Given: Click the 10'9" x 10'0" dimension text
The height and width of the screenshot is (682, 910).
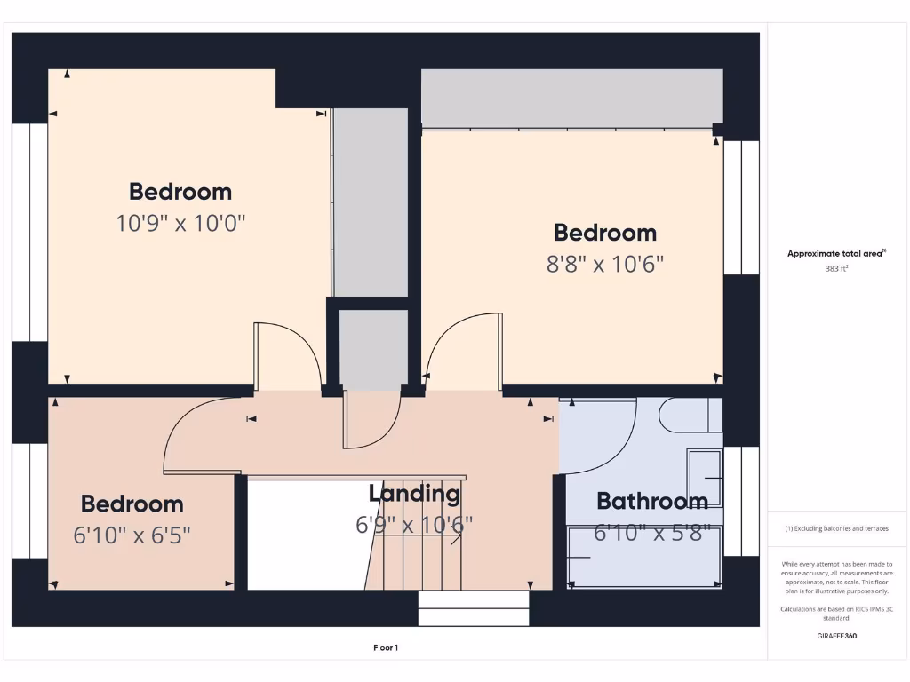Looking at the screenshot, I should click(180, 222).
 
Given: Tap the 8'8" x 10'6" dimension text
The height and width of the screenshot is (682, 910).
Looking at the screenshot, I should click(604, 264).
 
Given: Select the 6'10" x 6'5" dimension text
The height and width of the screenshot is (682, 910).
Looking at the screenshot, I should click(132, 535).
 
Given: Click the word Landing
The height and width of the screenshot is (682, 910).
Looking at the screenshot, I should click(414, 494).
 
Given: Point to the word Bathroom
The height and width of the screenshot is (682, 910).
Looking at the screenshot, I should click(651, 501).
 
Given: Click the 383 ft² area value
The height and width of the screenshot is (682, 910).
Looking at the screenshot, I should click(835, 267).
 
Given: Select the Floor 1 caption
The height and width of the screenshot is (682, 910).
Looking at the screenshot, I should click(385, 647).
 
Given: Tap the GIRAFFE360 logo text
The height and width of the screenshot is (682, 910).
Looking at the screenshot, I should click(835, 636).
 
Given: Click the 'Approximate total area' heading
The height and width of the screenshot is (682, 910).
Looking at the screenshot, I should click(835, 253).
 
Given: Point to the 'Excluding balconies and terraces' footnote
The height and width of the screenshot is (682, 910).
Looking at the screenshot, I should click(835, 528).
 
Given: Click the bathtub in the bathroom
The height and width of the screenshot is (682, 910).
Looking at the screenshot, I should click(645, 557).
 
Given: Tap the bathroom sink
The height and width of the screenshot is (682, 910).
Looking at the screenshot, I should click(704, 478).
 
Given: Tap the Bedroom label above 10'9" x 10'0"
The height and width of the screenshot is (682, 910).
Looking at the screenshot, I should click(180, 192).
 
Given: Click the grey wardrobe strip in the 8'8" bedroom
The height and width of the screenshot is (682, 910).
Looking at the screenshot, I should click(571, 99).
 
